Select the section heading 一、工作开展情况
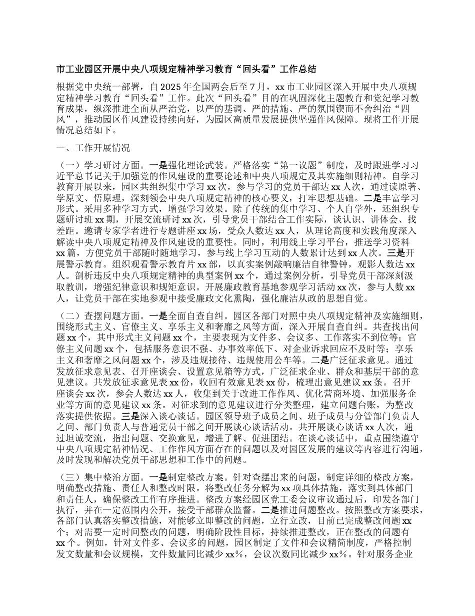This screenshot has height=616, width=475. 94,148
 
